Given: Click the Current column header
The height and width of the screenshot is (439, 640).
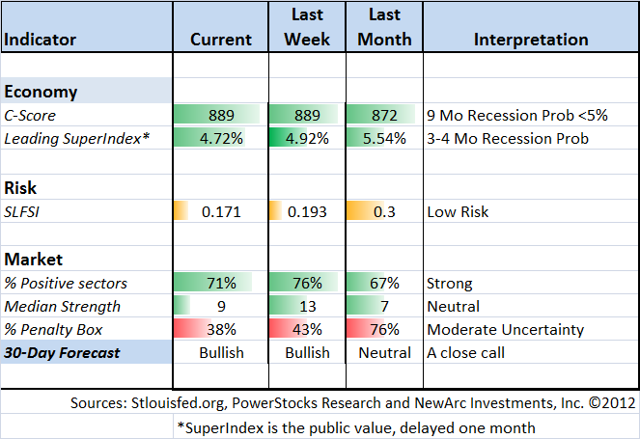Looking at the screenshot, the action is click(221, 40).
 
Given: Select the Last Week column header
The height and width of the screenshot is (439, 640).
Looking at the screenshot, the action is click(307, 27).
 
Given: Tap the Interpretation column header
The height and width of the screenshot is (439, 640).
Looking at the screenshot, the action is click(531, 40).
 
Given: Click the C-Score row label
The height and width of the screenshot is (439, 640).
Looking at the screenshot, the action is click(30, 116).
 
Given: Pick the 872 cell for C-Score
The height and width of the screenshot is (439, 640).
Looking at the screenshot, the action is click(384, 116).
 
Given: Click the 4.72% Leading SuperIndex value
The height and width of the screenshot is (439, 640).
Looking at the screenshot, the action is click(221, 139).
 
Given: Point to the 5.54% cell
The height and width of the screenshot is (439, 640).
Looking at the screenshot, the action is click(384, 139).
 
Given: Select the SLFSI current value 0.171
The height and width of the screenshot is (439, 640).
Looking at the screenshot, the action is click(221, 212).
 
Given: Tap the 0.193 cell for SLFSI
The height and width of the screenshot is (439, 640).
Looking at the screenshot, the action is click(307, 212).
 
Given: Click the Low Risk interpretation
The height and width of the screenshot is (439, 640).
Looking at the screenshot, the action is click(458, 212).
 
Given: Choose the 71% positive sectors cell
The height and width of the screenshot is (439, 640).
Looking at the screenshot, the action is click(221, 283).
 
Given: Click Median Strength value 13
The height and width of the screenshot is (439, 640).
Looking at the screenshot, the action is click(308, 307).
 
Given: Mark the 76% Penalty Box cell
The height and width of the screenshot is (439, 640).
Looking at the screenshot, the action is click(384, 330).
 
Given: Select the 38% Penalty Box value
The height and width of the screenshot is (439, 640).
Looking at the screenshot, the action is click(221, 330).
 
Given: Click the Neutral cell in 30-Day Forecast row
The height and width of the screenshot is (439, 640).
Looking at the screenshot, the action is click(384, 353).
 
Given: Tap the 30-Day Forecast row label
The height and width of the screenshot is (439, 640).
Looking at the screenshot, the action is click(62, 353).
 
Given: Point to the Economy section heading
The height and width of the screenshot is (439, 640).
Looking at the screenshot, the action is click(41, 93).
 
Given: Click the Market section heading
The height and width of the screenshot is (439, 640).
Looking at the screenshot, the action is click(34, 260).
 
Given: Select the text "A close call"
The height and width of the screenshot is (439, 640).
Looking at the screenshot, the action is click(465, 353).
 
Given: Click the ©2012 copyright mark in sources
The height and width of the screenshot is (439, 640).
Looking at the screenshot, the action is click(612, 403).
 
